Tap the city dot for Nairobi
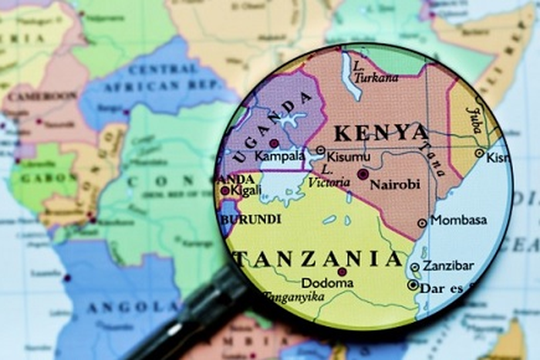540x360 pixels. tap(363, 174)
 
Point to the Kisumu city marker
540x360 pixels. tap(321, 151)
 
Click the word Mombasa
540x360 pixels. tap(458, 220)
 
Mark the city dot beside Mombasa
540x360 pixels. tap(422, 223)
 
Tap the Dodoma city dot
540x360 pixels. tap(342, 271)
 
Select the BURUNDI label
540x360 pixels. tap(250, 220)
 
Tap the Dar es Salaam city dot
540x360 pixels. tap(413, 284)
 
